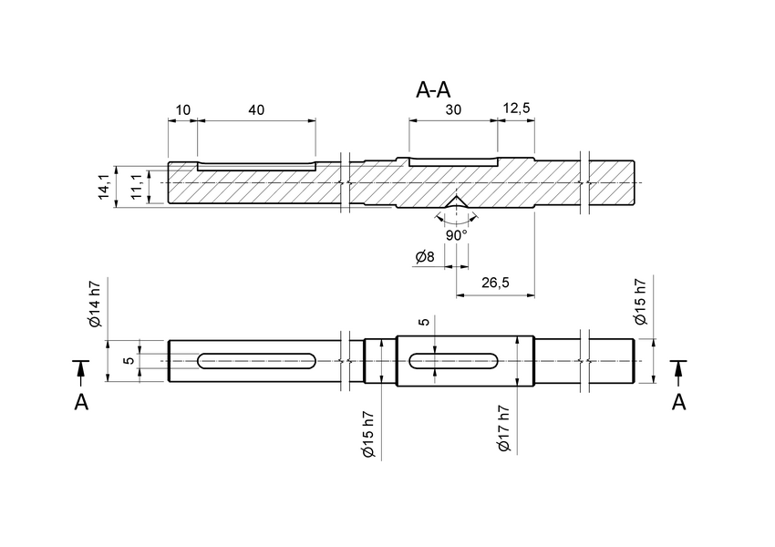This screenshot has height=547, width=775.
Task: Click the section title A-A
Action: [x=433, y=90]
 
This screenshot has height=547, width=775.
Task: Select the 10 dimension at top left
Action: [x=182, y=109]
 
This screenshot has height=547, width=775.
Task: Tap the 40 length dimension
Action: [x=256, y=109]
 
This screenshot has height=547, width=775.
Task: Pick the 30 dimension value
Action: [x=453, y=109]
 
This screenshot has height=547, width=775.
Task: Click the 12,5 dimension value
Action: [x=516, y=109]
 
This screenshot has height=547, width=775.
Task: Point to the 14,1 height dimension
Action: [x=104, y=186]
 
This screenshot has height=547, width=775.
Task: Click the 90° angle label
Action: [x=456, y=234]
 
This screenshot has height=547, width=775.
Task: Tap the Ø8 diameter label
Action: [x=424, y=258]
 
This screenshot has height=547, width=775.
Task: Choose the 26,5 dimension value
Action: [x=494, y=284]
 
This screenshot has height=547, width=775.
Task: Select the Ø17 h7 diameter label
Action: [x=502, y=428]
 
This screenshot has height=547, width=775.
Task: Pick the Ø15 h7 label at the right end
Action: [x=640, y=303]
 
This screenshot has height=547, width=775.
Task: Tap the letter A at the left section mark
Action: [x=81, y=402]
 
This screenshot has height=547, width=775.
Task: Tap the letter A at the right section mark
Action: [x=678, y=402]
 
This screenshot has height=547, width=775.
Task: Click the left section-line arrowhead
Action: [x=81, y=370]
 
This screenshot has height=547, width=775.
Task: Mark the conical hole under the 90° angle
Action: [x=456, y=201]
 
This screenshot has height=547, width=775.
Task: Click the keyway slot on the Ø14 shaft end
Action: [x=256, y=361]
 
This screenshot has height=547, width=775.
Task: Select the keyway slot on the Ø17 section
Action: [x=453, y=361]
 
